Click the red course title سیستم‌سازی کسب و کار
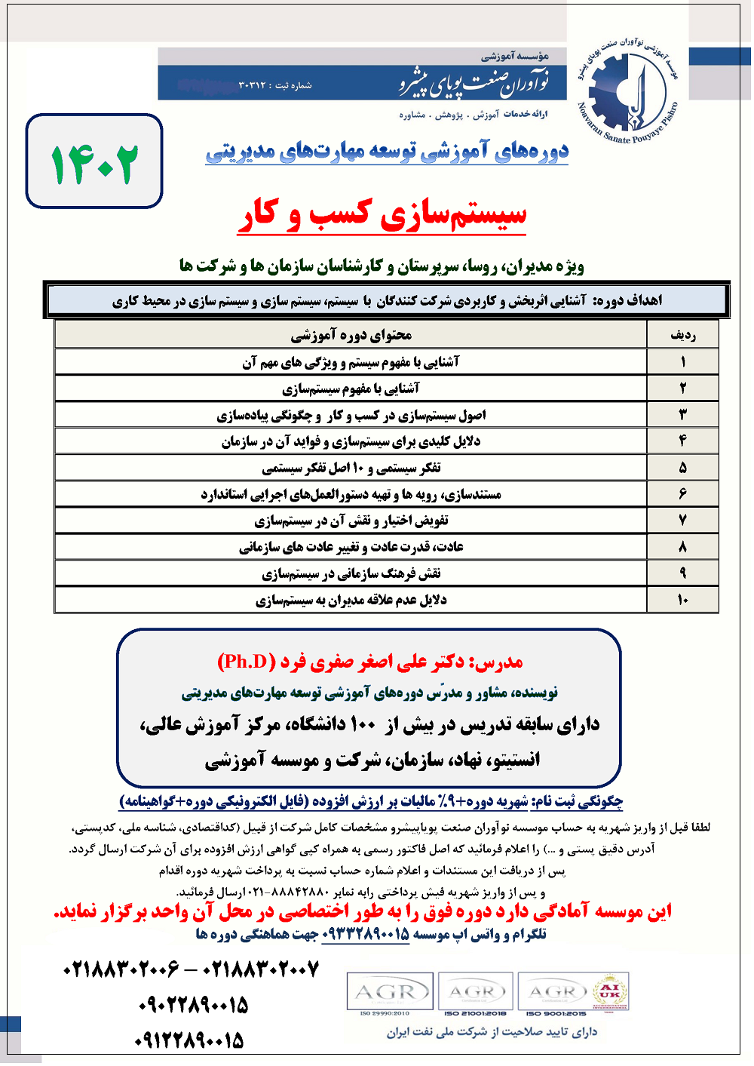click(x=382, y=215)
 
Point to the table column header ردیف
click(x=682, y=335)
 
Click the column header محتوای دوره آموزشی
click(x=351, y=335)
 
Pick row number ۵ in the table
click(x=682, y=468)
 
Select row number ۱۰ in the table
click(x=682, y=600)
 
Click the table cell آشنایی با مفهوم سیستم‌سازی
click(x=351, y=389)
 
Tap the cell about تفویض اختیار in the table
click(x=351, y=521)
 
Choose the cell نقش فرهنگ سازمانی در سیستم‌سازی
click(x=351, y=573)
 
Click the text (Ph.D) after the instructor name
click(x=247, y=662)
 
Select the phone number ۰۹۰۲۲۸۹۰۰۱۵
click(x=193, y=1006)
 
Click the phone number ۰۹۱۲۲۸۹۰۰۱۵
click(x=190, y=1041)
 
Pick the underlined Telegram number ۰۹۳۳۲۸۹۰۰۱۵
click(x=366, y=934)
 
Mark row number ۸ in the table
click(x=682, y=547)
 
